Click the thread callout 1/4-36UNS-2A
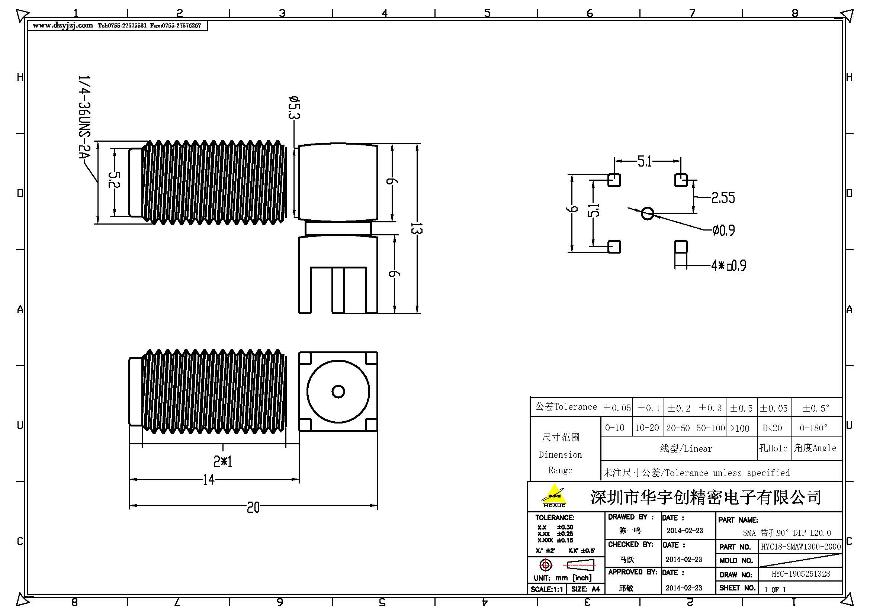point(84,117)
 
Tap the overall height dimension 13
point(417,228)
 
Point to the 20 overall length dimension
point(253,507)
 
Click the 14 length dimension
point(209,480)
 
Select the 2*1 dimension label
point(223,461)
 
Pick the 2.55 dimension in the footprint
point(723,198)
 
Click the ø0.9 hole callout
point(723,230)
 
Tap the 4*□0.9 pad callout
point(729,265)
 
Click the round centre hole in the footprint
point(648,213)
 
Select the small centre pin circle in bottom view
point(338,391)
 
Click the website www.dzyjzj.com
point(62,25)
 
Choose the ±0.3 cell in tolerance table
point(710,408)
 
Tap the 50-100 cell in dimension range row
point(710,428)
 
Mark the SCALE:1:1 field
point(547,589)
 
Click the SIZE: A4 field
point(585,589)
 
